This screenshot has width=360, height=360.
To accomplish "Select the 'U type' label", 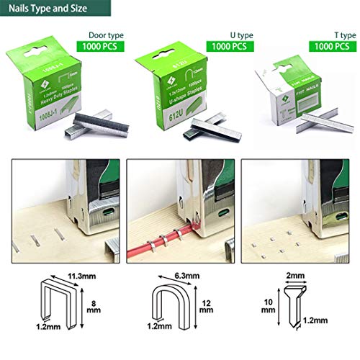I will pos(226,34).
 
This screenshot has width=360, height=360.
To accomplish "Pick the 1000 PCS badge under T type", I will pos(333,45).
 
